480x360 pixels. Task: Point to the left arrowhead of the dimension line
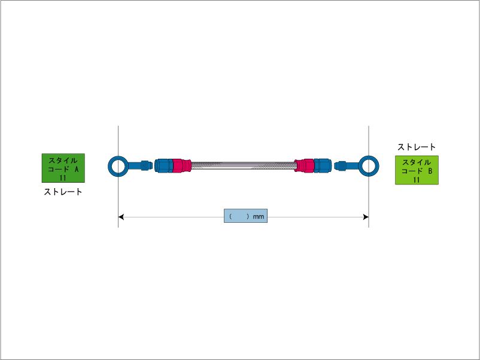tap(121, 216)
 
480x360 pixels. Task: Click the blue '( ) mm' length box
tap(245, 216)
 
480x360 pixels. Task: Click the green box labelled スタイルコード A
tap(63, 168)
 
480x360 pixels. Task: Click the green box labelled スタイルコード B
tap(417, 170)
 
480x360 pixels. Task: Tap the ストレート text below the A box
tap(63, 192)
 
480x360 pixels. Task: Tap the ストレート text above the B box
tap(417, 147)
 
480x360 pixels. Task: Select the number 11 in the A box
tap(63, 177)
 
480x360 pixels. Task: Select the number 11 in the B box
tap(417, 179)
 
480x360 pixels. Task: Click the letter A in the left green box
tap(76, 169)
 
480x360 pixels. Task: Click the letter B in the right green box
tap(430, 171)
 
